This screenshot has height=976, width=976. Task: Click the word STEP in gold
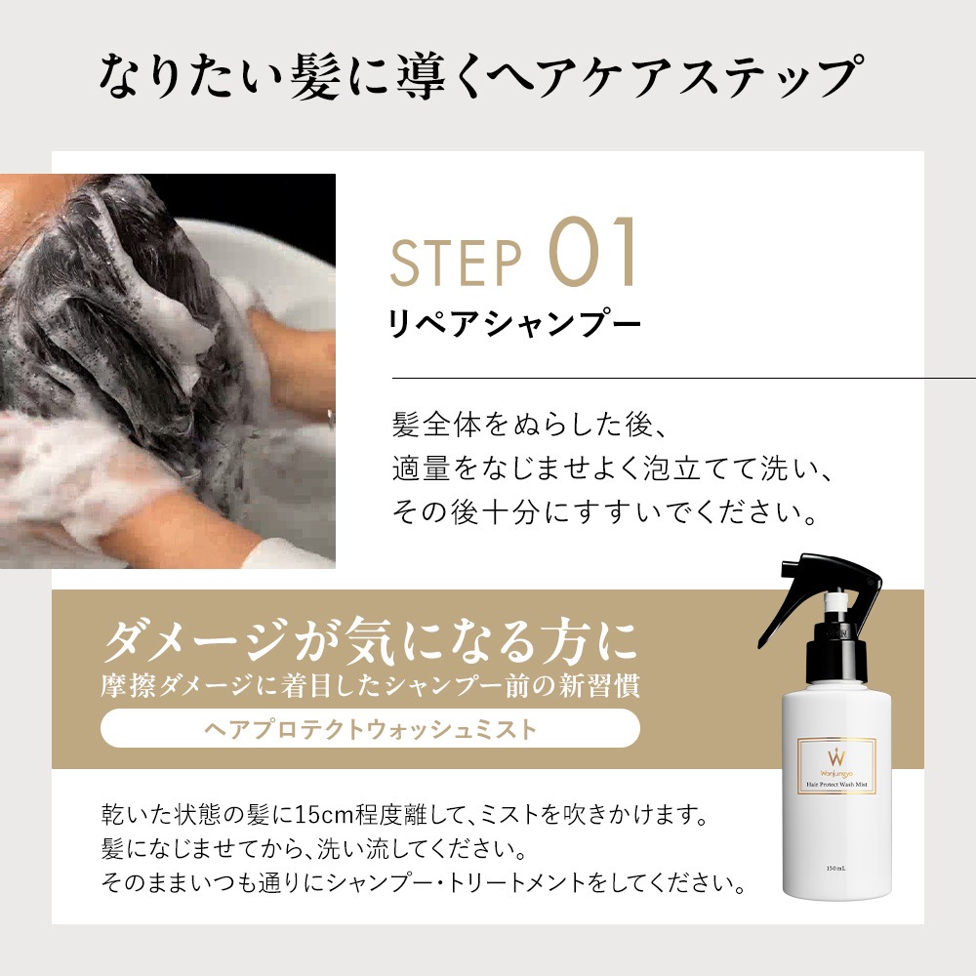tap(455, 263)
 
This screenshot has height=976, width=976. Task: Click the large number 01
tap(592, 252)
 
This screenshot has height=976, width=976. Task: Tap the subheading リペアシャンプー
tap(514, 324)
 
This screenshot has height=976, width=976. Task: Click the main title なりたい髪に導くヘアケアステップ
tap(482, 77)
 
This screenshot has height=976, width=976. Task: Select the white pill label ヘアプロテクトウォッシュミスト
tap(370, 728)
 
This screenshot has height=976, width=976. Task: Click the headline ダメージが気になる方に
tap(370, 640)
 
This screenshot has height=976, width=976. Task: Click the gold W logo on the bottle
tap(836, 757)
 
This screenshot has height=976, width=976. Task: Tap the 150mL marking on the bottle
tap(836, 869)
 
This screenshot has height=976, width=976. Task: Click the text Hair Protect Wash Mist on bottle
tap(836, 785)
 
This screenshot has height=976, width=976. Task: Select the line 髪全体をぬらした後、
tap(530, 426)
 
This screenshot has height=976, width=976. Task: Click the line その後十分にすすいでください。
tap(605, 511)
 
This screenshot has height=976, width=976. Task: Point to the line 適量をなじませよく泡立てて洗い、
tap(613, 468)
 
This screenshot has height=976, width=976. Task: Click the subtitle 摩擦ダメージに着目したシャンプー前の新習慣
tap(370, 686)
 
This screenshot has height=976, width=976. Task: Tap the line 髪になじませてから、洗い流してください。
tap(314, 848)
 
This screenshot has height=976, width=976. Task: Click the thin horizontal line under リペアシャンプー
tap(684, 378)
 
